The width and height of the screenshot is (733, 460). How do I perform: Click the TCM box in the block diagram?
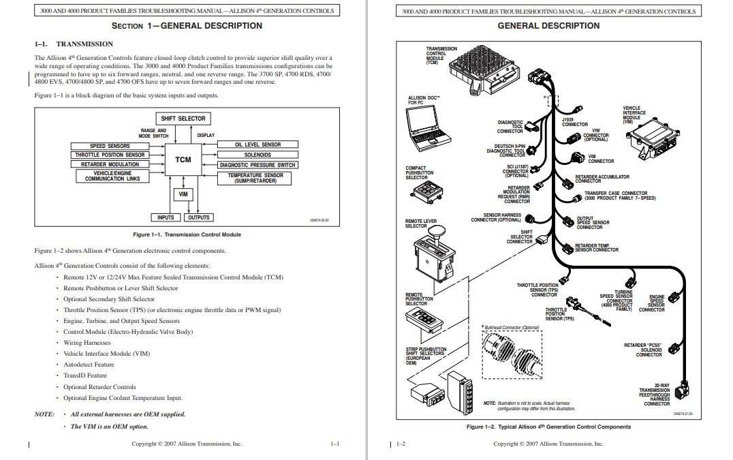tap(183, 160)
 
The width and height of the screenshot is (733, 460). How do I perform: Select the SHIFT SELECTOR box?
tap(183, 119)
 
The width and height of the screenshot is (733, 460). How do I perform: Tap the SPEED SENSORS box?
tap(110, 146)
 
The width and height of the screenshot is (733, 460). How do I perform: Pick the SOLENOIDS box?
tap(258, 155)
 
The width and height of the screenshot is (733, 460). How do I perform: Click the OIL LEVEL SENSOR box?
tap(258, 144)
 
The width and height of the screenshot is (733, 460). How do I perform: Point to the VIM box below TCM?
tap(183, 194)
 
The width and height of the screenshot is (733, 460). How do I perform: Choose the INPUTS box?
tap(166, 218)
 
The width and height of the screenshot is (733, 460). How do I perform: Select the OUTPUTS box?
tap(198, 218)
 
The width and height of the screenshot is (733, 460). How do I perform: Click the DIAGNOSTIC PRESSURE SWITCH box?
tap(258, 165)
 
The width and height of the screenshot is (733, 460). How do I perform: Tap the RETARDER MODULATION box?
tap(110, 165)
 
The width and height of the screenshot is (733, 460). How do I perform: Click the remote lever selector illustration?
tap(435, 256)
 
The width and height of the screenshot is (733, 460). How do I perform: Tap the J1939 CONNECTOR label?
tap(574, 122)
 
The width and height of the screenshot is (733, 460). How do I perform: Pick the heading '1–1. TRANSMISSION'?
tap(74, 44)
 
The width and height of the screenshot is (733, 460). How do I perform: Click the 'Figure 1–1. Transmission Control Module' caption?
tap(187, 234)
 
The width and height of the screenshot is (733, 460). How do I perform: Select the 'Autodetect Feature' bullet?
tap(89, 365)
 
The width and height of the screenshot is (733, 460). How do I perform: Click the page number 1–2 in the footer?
tap(401, 444)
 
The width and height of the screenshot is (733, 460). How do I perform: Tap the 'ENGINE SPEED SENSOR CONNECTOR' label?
tap(656, 303)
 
